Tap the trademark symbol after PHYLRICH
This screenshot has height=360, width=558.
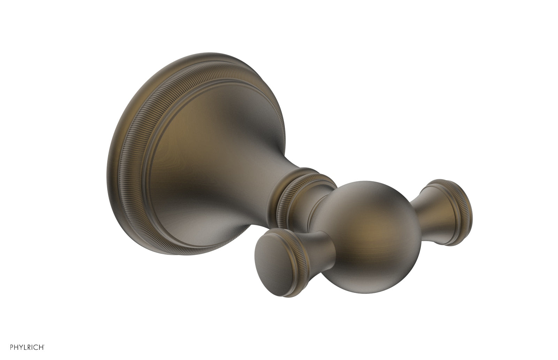pyautogui.click(x=44, y=345)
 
